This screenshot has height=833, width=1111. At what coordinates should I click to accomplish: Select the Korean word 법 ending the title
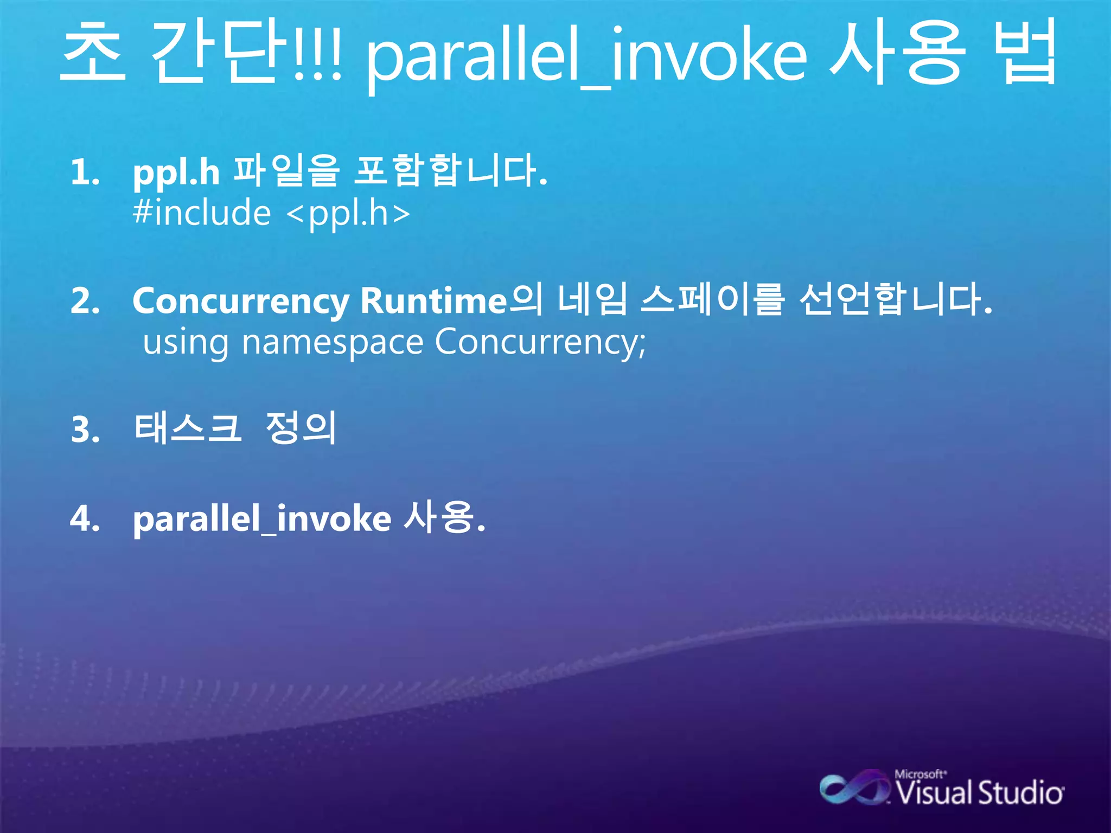coord(1029,52)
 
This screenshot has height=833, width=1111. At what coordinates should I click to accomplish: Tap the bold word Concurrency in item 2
coord(241,302)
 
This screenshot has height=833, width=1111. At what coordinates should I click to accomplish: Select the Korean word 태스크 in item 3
coord(187,428)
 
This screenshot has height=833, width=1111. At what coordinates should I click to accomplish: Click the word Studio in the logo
coord(1020,793)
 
